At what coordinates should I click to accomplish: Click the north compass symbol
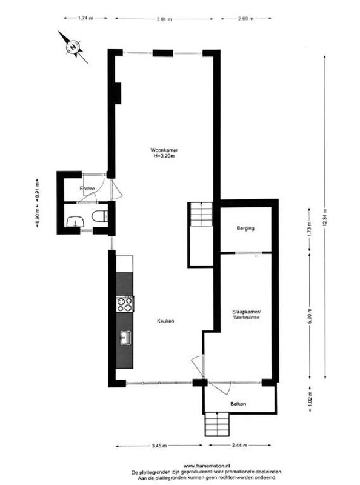[x=73, y=46]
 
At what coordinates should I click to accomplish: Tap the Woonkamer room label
[x=164, y=150]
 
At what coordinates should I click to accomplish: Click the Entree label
[x=87, y=189]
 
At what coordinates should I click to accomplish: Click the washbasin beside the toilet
[x=75, y=220]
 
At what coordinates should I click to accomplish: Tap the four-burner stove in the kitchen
[x=125, y=303]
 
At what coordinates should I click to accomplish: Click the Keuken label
[x=166, y=321]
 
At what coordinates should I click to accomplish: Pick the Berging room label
[x=245, y=229]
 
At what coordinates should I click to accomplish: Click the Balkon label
[x=238, y=404]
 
